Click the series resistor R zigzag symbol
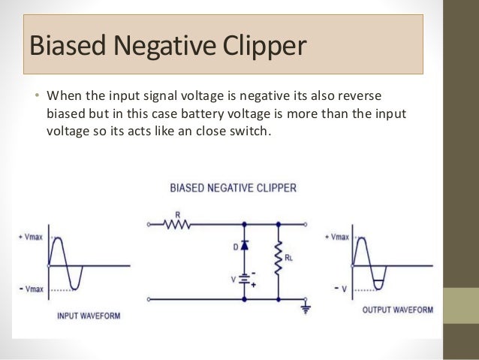(179, 223)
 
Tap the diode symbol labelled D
(245, 247)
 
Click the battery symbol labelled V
(245, 279)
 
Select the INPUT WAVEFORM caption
(89, 316)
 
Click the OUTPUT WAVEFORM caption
(397, 310)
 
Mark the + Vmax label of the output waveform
(336, 237)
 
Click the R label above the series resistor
(177, 213)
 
